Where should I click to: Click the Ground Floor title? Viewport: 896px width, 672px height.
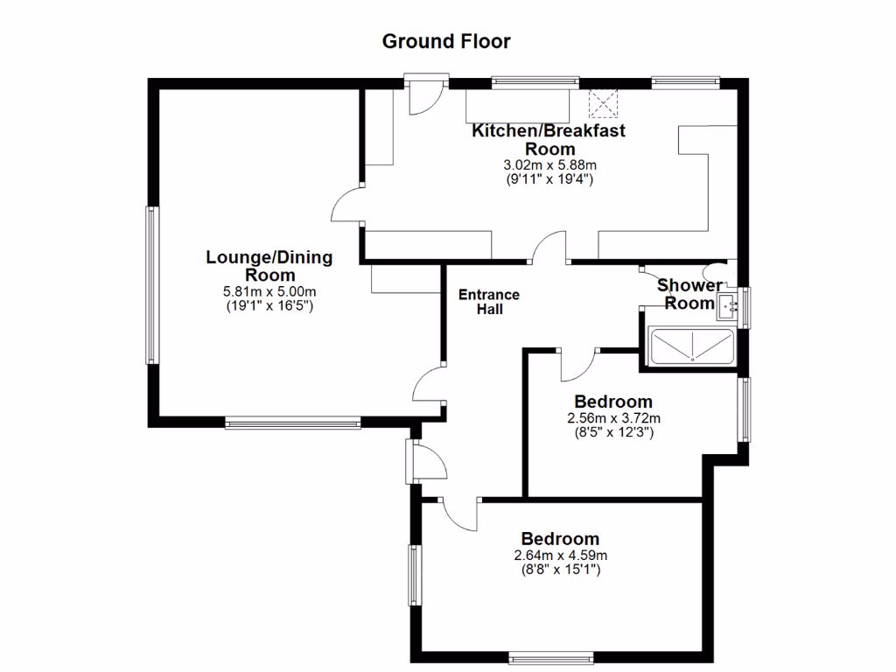446,41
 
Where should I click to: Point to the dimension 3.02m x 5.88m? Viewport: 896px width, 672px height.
549,165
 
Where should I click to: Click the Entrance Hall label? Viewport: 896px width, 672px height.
489,302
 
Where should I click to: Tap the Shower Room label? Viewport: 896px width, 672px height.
689,294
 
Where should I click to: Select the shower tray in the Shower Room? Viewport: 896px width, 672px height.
690,346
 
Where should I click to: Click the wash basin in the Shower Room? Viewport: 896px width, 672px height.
726,307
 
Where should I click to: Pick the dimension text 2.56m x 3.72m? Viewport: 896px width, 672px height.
613,418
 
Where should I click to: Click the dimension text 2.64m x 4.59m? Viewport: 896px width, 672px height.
561,556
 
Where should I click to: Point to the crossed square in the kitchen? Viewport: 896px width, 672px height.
603,103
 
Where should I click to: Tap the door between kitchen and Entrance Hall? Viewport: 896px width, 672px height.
551,248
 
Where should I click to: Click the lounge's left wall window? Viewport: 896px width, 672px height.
151,285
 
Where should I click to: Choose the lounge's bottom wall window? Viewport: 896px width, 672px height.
292,423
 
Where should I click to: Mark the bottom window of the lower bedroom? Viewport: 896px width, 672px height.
551,656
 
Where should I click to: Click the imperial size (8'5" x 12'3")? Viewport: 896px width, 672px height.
613,431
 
